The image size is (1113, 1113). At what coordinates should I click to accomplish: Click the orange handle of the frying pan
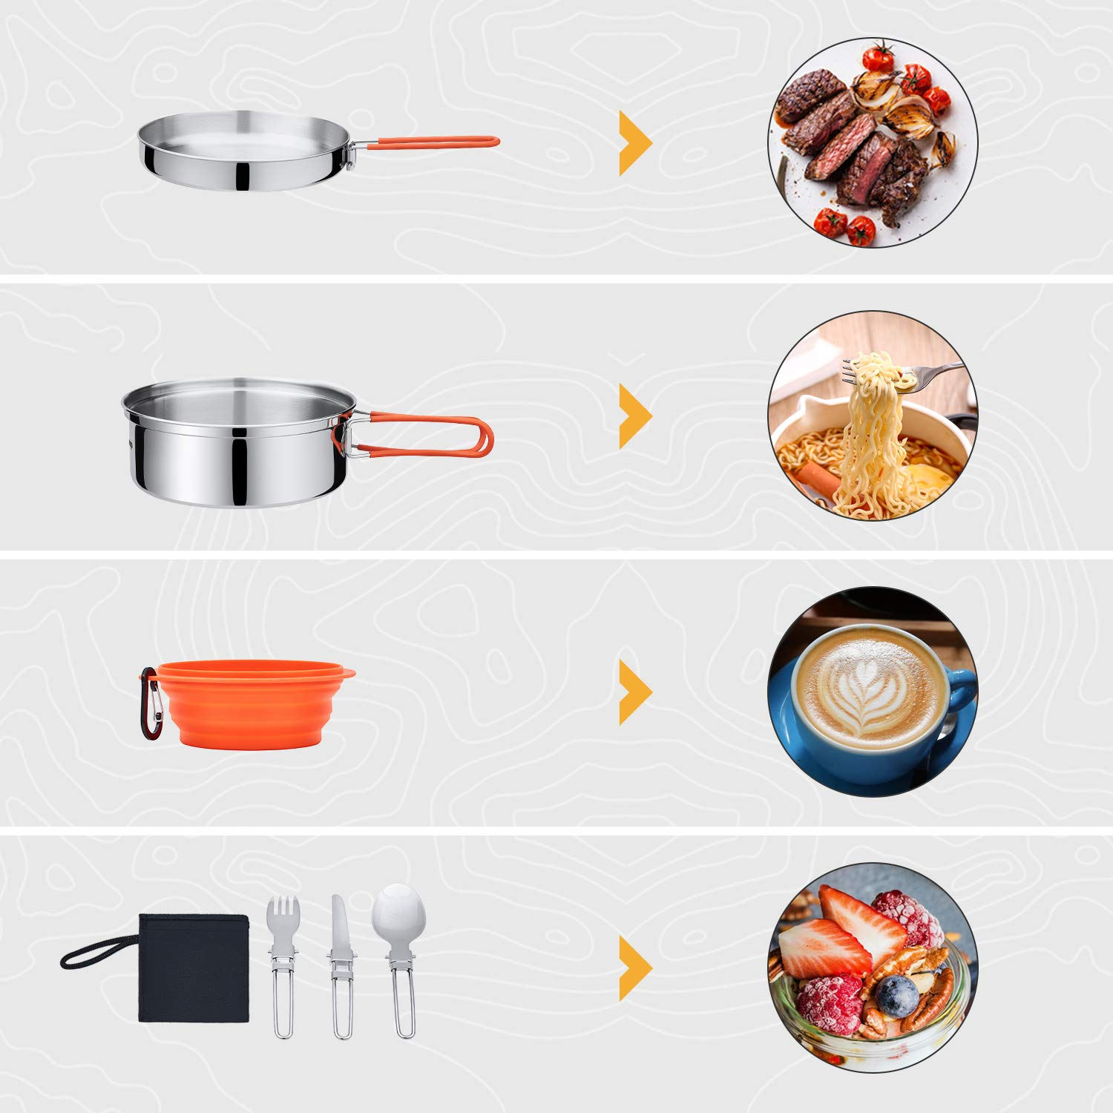coord(430,142)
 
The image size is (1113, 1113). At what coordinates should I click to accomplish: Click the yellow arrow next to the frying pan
coord(634,143)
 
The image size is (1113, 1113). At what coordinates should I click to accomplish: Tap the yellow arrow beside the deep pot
coord(634,416)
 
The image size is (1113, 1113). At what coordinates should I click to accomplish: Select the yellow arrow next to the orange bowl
coord(634,692)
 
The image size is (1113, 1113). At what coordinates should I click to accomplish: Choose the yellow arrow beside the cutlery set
coord(634,968)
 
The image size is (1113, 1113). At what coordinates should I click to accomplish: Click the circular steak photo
coord(873,142)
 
